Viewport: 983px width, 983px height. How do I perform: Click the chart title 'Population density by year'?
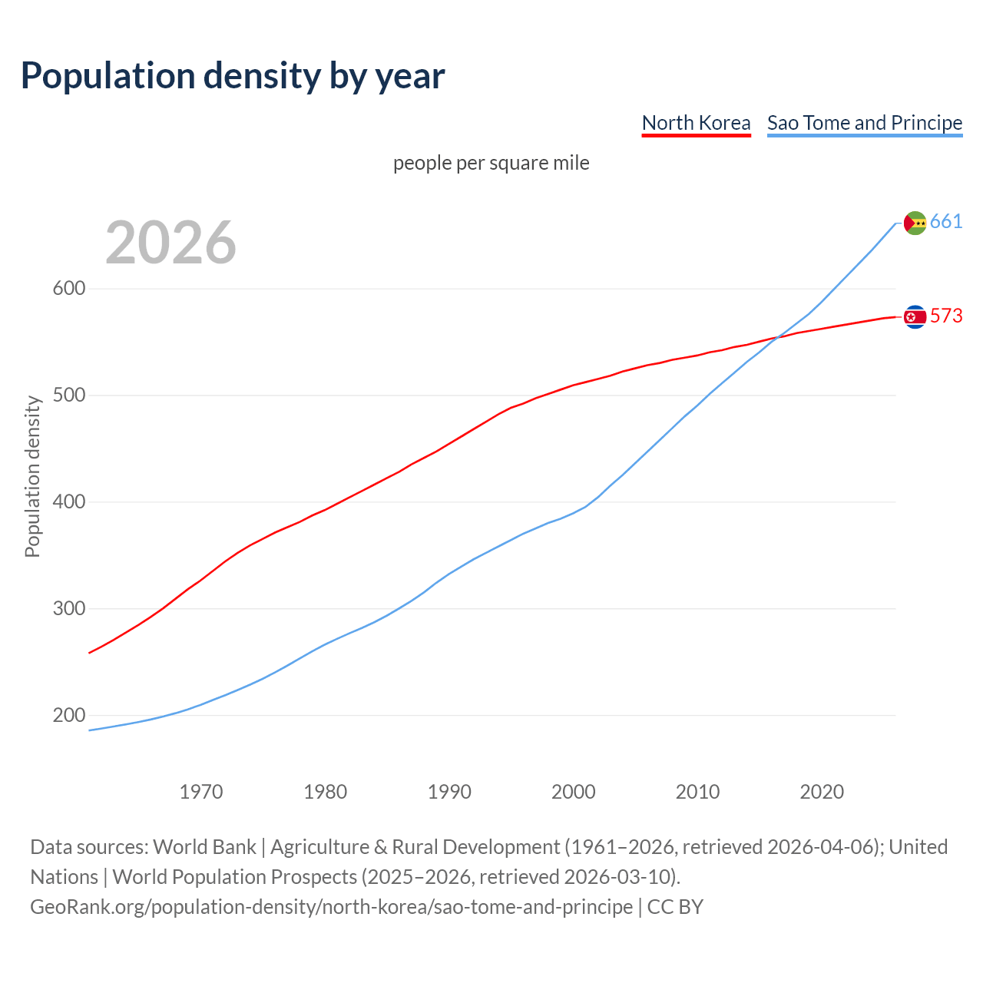233,75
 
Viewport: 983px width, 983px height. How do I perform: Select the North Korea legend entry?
696,123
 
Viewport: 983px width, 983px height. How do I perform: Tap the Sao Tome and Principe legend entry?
865,123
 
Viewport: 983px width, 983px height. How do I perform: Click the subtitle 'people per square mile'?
491,163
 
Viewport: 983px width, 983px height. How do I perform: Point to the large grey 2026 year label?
170,243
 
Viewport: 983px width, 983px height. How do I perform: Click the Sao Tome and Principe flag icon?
915,223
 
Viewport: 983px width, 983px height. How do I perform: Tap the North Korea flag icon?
915,316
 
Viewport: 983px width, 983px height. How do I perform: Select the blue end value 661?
946,222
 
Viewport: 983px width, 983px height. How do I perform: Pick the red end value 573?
946,316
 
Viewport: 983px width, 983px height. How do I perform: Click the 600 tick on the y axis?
68,289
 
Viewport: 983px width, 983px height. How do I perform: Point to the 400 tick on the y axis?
68,502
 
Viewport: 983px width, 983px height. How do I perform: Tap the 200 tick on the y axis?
68,715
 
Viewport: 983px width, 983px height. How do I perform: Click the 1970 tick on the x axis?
201,792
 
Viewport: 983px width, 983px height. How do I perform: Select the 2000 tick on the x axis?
574,792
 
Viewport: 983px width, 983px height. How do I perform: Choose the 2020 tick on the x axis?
822,792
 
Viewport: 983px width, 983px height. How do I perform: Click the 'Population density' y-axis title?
32,476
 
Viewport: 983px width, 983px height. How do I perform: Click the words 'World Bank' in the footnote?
204,847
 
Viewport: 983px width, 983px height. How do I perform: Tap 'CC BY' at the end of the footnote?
675,907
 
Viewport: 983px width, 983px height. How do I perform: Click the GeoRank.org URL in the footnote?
331,907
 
